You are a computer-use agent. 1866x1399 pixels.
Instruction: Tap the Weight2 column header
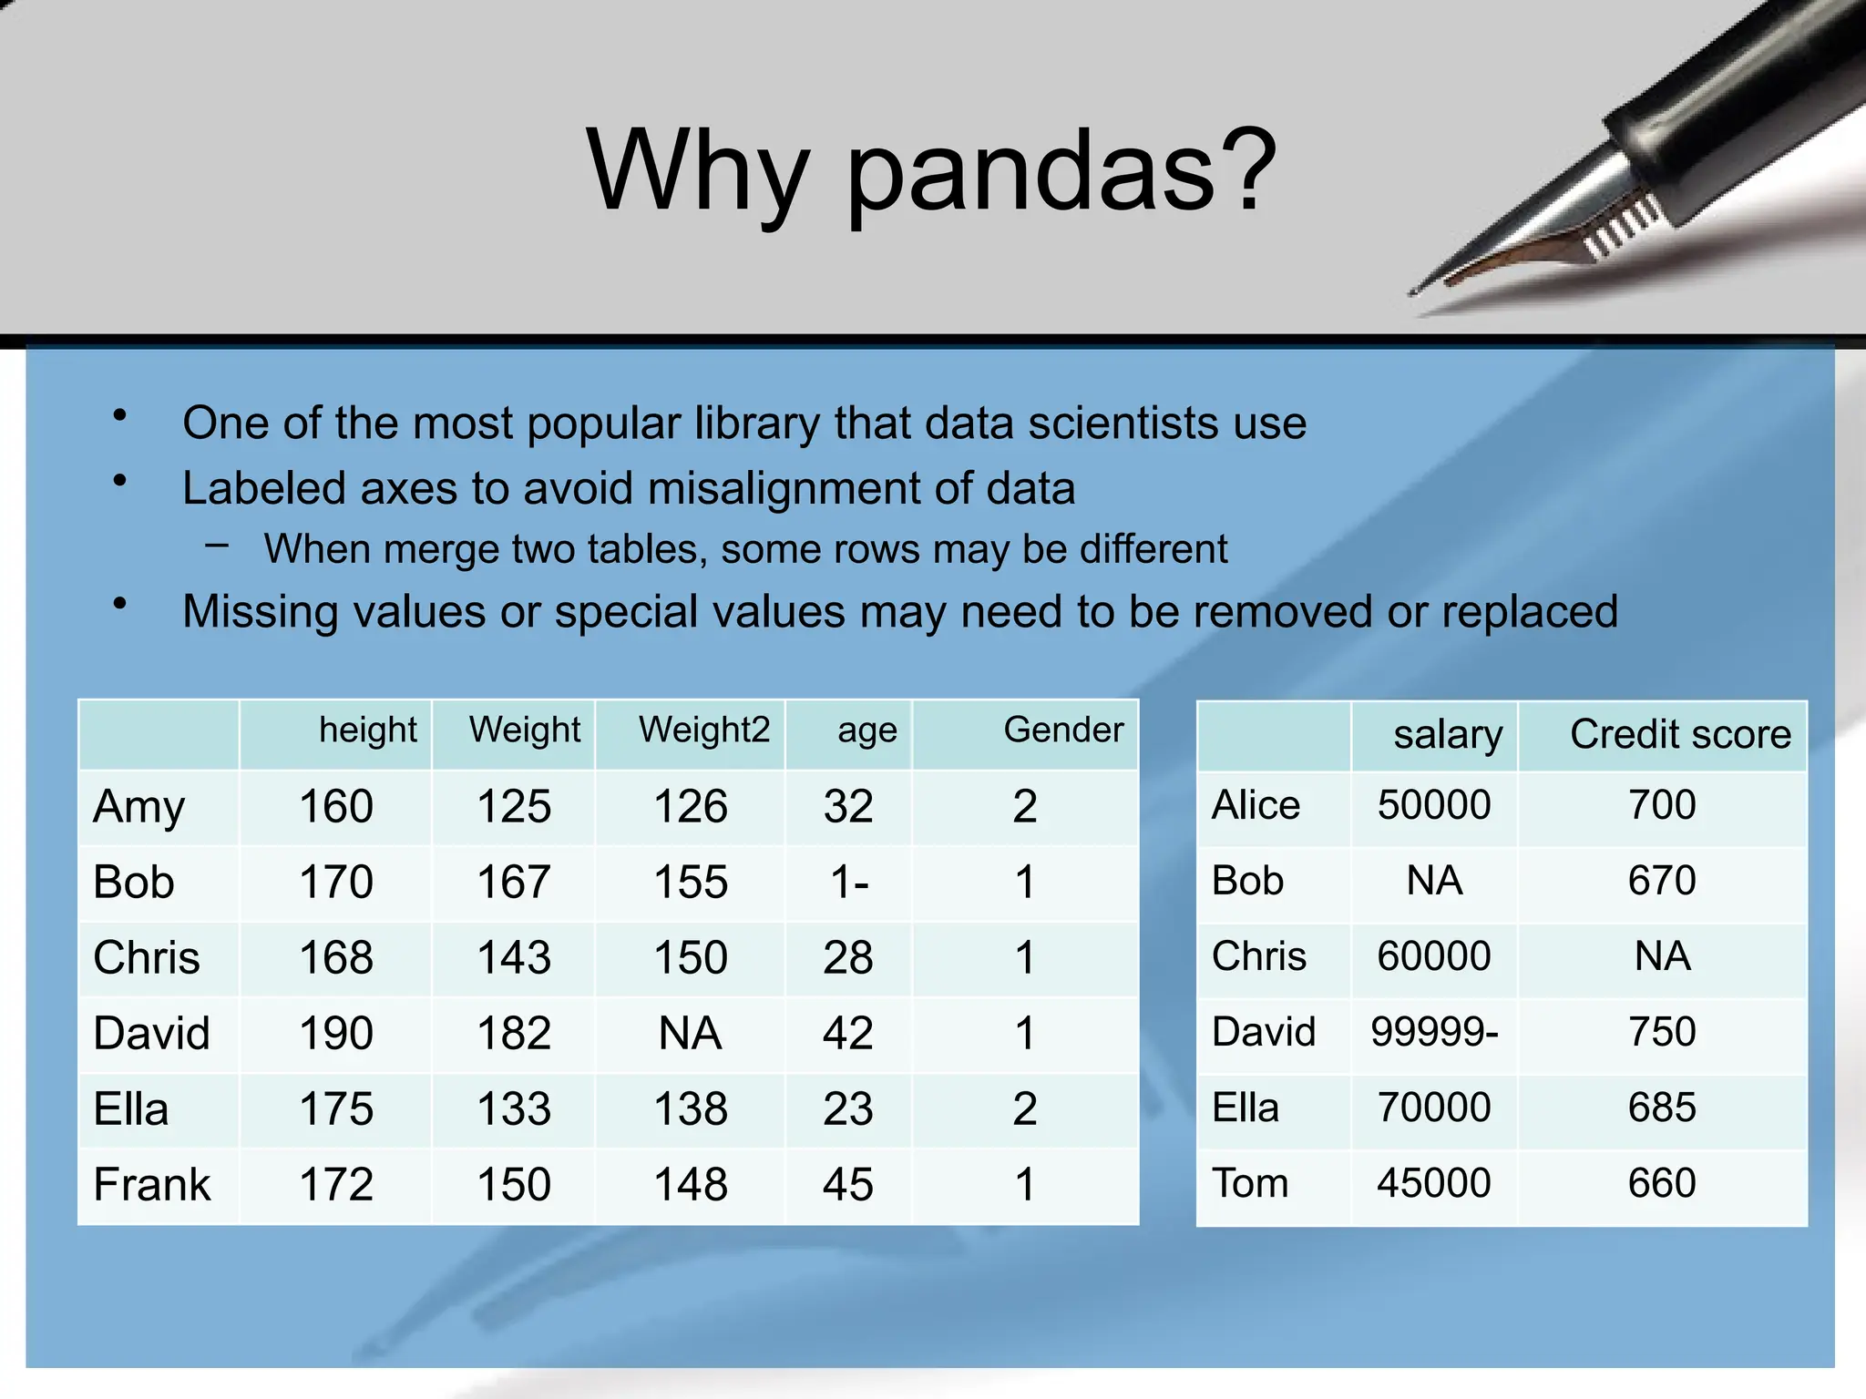click(x=703, y=730)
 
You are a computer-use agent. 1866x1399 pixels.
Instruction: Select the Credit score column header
click(x=1680, y=734)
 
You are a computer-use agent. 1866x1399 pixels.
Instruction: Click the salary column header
click(x=1448, y=735)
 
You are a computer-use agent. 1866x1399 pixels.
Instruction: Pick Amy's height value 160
click(x=336, y=807)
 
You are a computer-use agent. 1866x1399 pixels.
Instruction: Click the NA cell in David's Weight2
click(x=690, y=1034)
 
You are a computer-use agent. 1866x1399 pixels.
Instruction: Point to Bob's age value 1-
click(x=849, y=883)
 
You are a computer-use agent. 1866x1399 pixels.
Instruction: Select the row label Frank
click(x=152, y=1185)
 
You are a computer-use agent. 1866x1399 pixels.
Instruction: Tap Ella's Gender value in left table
click(x=1024, y=1109)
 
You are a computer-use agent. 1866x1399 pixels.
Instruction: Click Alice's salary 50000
click(x=1434, y=805)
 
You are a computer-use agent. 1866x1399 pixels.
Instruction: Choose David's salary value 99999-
click(x=1434, y=1032)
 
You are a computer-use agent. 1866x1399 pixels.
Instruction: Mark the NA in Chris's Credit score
click(x=1662, y=956)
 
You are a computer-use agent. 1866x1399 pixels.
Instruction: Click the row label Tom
click(x=1250, y=1183)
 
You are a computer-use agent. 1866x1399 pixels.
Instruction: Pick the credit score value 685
click(x=1662, y=1108)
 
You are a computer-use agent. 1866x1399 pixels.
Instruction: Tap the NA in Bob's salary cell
click(x=1434, y=881)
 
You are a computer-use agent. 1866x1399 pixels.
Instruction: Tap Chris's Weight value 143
click(x=514, y=958)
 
